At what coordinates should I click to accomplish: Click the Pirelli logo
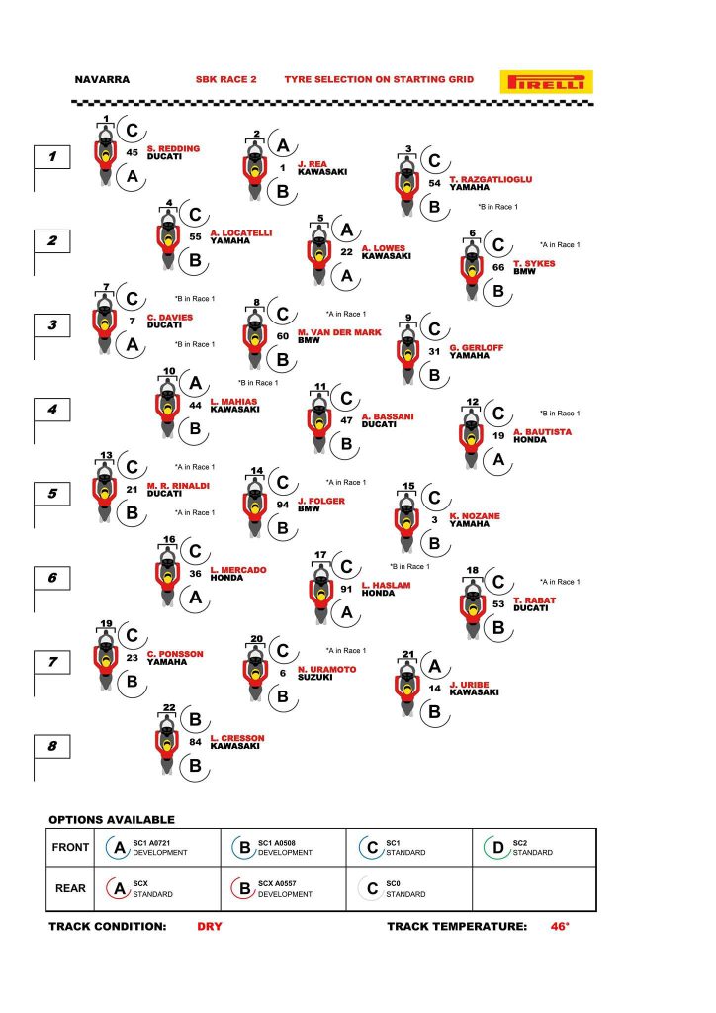pyautogui.click(x=546, y=81)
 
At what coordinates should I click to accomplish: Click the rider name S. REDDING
pyautogui.click(x=173, y=148)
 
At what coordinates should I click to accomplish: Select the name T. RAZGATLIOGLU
pyautogui.click(x=491, y=179)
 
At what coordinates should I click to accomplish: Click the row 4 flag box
pyautogui.click(x=52, y=409)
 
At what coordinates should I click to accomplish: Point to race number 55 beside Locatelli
pyautogui.click(x=195, y=237)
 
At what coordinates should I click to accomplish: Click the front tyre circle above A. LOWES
pyautogui.click(x=347, y=230)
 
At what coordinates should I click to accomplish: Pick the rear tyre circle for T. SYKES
pyautogui.click(x=497, y=291)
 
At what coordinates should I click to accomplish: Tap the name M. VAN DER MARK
pyautogui.click(x=339, y=332)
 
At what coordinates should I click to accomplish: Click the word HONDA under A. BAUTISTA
pyautogui.click(x=529, y=440)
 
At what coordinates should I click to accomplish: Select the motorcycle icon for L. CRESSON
pyautogui.click(x=167, y=742)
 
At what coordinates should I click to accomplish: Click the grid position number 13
pyautogui.click(x=106, y=455)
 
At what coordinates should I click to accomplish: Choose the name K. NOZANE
pyautogui.click(x=475, y=516)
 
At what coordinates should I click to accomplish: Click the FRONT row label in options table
pyautogui.click(x=70, y=847)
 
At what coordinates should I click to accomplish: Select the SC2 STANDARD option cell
pyautogui.click(x=533, y=848)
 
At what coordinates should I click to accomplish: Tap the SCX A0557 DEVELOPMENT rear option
pyautogui.click(x=283, y=889)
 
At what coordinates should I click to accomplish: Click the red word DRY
pyautogui.click(x=210, y=926)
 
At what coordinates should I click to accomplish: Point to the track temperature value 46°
pyautogui.click(x=560, y=926)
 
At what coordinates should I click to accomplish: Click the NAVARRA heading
pyautogui.click(x=102, y=79)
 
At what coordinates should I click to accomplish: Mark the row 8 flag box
pyautogui.click(x=52, y=746)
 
